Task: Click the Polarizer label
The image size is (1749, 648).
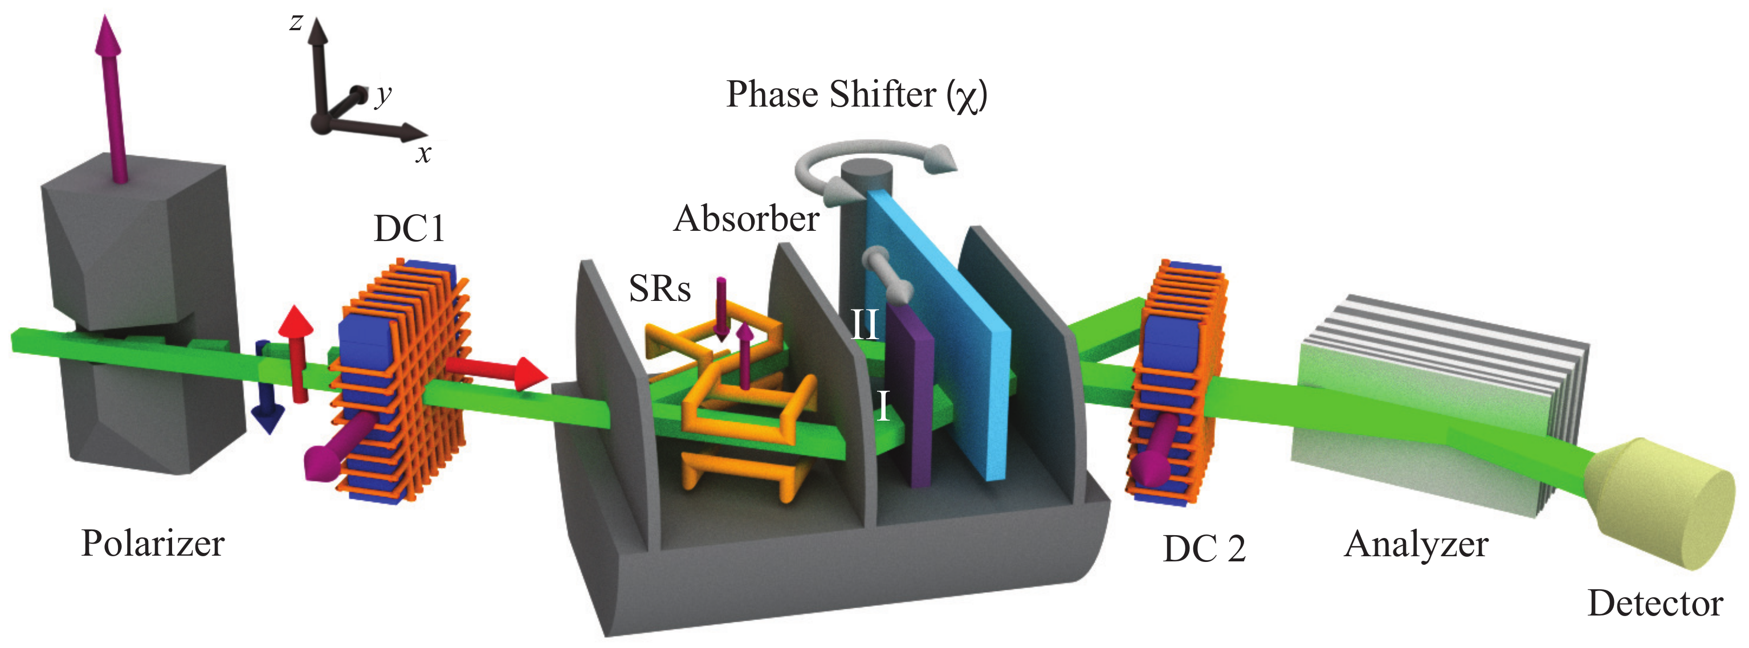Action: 153,543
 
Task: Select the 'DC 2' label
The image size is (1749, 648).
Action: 1204,549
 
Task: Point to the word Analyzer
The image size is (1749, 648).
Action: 1416,545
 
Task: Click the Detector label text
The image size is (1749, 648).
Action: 1654,603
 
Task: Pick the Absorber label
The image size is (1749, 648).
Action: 746,219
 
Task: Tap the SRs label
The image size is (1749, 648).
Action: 659,289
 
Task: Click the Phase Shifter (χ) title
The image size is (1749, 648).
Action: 856,95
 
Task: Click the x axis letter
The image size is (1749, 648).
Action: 423,154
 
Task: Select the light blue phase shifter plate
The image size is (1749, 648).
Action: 951,326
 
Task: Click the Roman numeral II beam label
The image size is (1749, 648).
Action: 865,325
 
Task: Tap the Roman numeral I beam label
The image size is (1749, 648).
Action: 883,406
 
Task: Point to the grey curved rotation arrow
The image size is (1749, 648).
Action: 876,153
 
